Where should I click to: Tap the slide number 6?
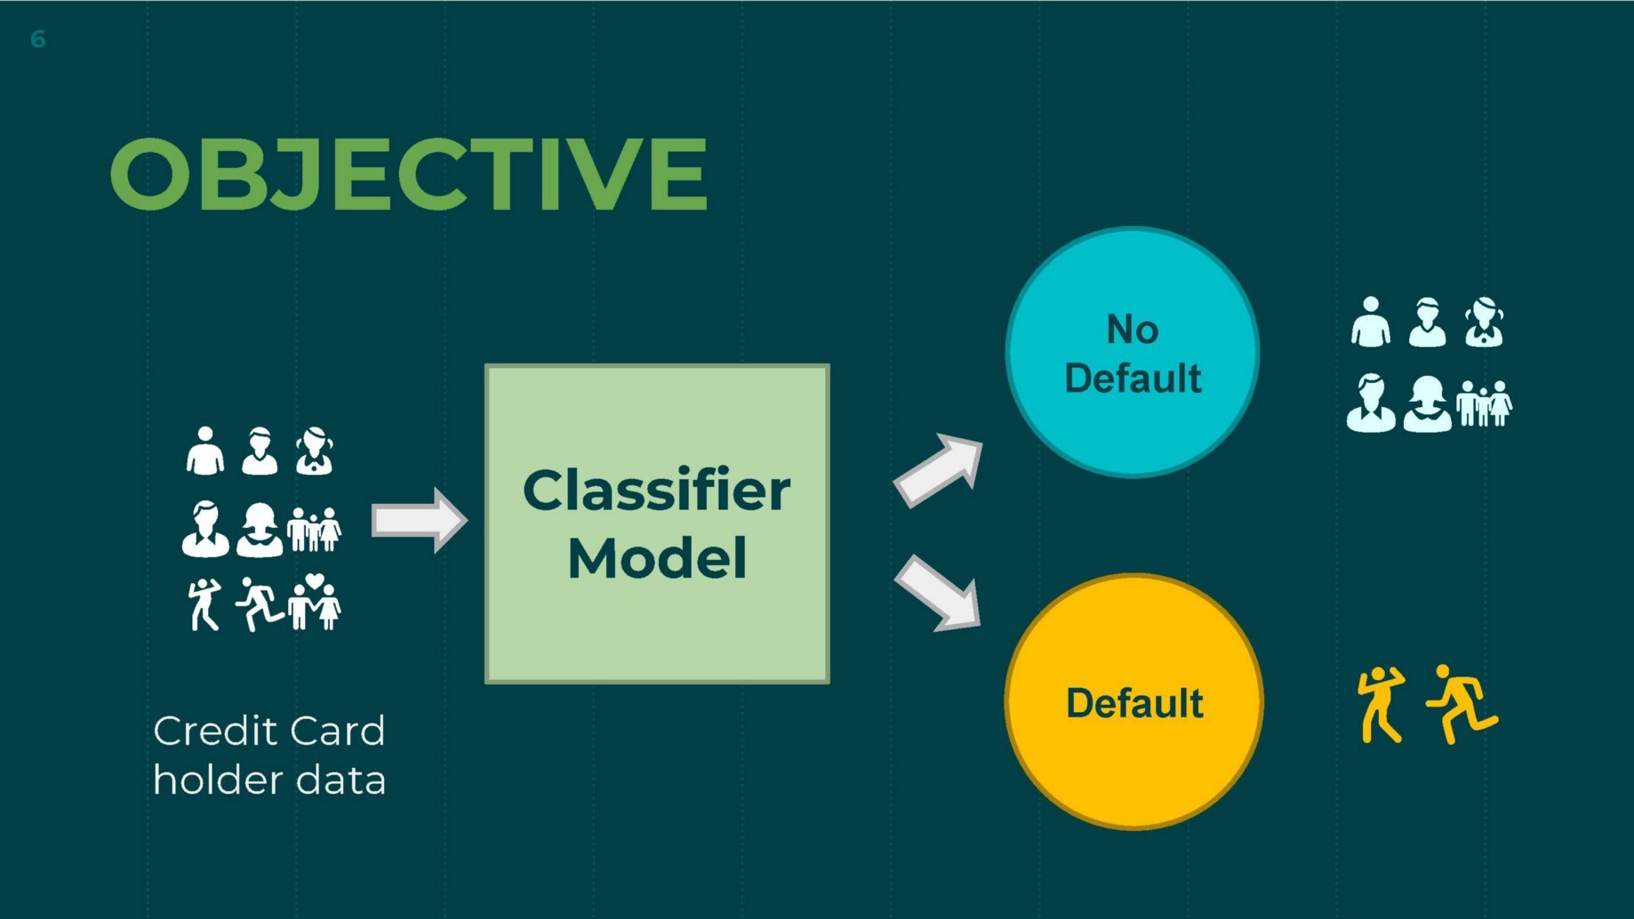[38, 39]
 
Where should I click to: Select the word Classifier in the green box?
[656, 490]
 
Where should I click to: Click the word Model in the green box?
[656, 558]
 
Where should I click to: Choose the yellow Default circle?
[1133, 764]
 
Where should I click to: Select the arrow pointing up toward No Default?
[939, 470]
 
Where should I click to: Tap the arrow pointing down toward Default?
[938, 594]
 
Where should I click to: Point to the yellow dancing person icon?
[1381, 704]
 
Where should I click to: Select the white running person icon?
[259, 604]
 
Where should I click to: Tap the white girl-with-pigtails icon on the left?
[314, 452]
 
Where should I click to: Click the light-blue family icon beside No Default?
[1484, 404]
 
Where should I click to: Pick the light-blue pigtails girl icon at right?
[1484, 323]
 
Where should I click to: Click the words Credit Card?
[268, 731]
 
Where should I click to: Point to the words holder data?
[268, 780]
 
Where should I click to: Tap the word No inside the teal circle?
[1132, 330]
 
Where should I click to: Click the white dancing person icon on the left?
[204, 604]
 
